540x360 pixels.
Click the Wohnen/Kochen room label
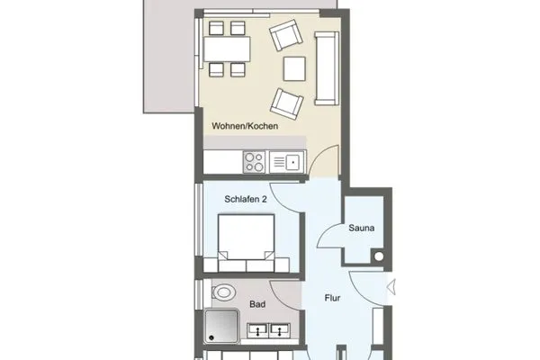click(245, 127)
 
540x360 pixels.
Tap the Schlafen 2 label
click(247, 197)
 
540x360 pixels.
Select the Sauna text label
click(363, 229)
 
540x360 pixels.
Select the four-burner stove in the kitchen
click(253, 162)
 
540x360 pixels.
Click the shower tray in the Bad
click(223, 327)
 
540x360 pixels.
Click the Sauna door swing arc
click(333, 236)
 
